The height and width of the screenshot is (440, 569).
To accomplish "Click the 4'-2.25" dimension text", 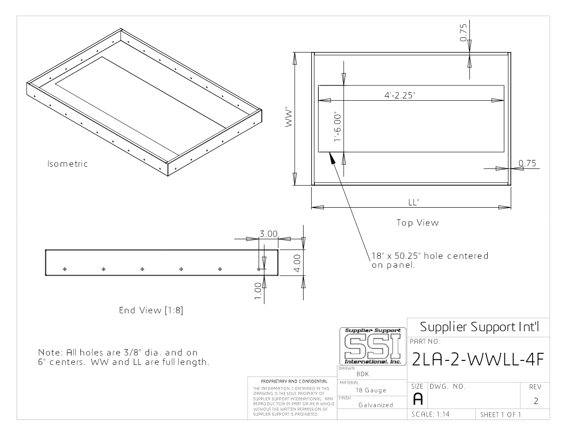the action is (x=400, y=95).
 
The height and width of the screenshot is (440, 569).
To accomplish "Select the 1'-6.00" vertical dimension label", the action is (x=338, y=128).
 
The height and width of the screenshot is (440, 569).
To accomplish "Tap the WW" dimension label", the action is (x=288, y=117).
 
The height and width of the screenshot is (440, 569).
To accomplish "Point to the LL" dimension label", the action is (x=414, y=202).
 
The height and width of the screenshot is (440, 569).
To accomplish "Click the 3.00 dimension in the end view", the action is (x=269, y=234).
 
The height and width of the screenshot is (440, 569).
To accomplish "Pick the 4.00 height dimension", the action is (x=297, y=263).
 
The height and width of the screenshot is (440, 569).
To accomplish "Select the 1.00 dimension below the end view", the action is (x=258, y=291).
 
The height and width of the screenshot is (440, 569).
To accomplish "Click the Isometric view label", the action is (x=67, y=164).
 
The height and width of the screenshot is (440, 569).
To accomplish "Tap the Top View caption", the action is (x=418, y=222).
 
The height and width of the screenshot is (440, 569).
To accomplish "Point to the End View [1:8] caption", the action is (x=151, y=310).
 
